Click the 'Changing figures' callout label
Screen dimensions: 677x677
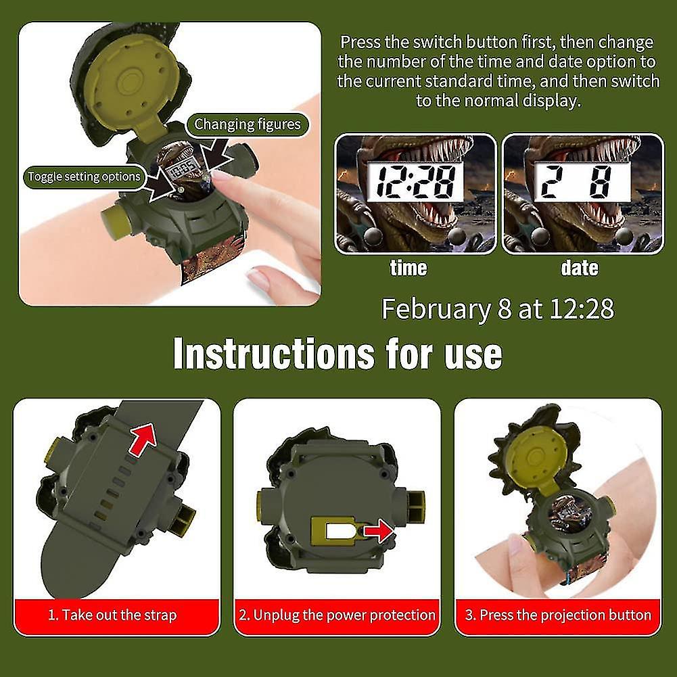[248, 124]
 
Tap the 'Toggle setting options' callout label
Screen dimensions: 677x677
[85, 177]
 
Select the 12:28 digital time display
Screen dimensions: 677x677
[415, 181]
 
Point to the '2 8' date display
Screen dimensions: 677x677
[582, 181]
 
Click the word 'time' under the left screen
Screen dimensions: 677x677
[408, 268]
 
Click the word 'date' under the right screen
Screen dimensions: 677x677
[580, 268]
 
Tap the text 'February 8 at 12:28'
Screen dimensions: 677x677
[497, 308]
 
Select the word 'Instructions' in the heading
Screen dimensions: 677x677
[274, 354]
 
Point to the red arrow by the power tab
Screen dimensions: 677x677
[378, 531]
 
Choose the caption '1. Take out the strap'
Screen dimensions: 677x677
[112, 615]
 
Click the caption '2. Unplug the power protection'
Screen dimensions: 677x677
[337, 615]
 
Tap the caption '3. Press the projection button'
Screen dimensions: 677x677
[558, 615]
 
